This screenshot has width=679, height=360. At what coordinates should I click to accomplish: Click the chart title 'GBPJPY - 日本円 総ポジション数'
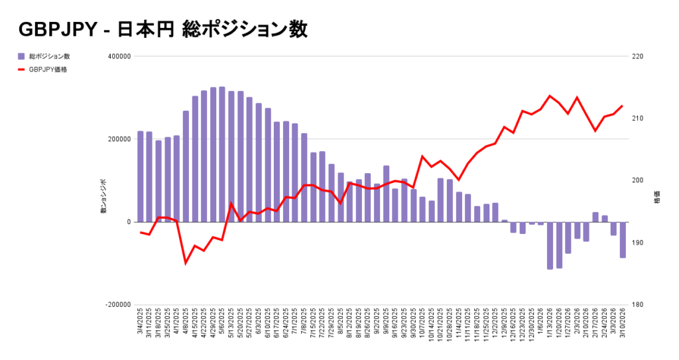[x=163, y=30]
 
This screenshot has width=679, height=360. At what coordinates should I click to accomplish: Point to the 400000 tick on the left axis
[x=118, y=56]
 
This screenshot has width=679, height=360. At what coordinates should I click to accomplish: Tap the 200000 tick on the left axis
[x=118, y=139]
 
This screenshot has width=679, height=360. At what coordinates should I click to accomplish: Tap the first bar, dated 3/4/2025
[x=141, y=176]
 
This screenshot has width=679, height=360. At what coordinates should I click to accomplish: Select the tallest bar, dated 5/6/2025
[x=222, y=154]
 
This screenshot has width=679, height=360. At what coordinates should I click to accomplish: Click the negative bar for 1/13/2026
[x=550, y=245]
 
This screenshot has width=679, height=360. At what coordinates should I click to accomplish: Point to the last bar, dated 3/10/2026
[x=623, y=239]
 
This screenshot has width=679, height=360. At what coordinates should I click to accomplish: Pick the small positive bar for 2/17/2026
[x=595, y=217]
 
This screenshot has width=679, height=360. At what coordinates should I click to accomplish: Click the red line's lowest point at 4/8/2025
[x=186, y=263]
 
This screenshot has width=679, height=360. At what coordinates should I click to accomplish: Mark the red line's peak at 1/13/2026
[x=550, y=96]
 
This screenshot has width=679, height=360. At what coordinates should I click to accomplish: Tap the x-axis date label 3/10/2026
[x=623, y=324]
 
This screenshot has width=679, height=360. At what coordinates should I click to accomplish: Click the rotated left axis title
[x=103, y=196]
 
